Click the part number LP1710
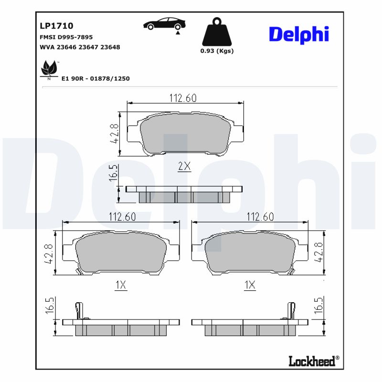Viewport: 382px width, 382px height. coord(56,26)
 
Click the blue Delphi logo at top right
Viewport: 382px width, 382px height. coord(299,34)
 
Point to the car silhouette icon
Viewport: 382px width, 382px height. coord(165,24)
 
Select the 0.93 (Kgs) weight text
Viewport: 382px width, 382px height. coord(217,51)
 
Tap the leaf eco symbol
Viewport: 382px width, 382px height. coord(49,69)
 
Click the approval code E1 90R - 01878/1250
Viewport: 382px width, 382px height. coord(95,78)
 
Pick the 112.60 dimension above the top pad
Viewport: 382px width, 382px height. coord(183,98)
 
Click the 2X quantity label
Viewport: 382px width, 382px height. coord(184,167)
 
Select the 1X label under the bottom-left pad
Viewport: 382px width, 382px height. coord(121,286)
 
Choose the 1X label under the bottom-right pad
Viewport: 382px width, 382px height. coord(250,286)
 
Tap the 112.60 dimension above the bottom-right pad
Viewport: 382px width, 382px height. coord(259,217)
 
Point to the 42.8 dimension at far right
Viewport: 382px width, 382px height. coord(319,252)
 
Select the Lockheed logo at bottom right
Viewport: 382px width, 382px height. coord(314,361)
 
